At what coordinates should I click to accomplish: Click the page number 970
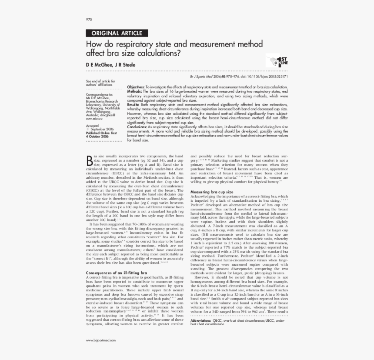pyautogui.click(x=89, y=20)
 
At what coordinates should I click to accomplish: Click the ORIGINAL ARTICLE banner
pyautogui.click(x=117, y=33)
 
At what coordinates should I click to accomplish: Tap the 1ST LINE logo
pyautogui.click(x=274, y=61)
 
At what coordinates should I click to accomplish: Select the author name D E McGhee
pyautogui.click(x=99, y=65)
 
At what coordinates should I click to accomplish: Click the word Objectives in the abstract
pyautogui.click(x=136, y=87)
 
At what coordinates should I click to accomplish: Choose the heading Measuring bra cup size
pyautogui.click(x=212, y=192)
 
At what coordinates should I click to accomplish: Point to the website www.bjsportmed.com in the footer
pyautogui.click(x=101, y=340)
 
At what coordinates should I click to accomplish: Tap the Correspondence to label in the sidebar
pyautogui.click(x=99, y=94)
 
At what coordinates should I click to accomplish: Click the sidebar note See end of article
pyautogui.click(x=100, y=81)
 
